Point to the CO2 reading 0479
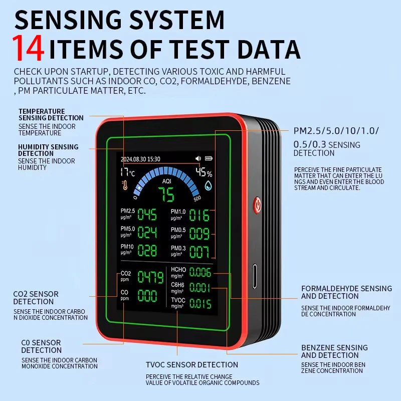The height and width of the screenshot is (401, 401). pyautogui.click(x=150, y=277)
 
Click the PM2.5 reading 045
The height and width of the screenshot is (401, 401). pyautogui.click(x=147, y=215)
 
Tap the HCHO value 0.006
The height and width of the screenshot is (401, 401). pyautogui.click(x=200, y=273)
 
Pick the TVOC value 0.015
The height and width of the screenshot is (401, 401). pyautogui.click(x=200, y=304)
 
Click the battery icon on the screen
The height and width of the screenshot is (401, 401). pyautogui.click(x=208, y=159)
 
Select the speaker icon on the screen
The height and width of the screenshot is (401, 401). pyautogui.click(x=198, y=159)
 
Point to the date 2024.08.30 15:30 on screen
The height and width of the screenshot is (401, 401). pyautogui.click(x=140, y=159)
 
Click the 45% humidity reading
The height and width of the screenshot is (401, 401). pyautogui.click(x=204, y=173)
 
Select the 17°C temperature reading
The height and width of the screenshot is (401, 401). pyautogui.click(x=127, y=173)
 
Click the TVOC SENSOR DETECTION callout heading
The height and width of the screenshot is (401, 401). pyautogui.click(x=191, y=364)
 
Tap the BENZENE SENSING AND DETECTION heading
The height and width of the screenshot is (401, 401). pyautogui.click(x=334, y=351)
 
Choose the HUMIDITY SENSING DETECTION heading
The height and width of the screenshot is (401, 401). pyautogui.click(x=48, y=150)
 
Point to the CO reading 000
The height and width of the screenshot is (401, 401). pyautogui.click(x=147, y=296)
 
